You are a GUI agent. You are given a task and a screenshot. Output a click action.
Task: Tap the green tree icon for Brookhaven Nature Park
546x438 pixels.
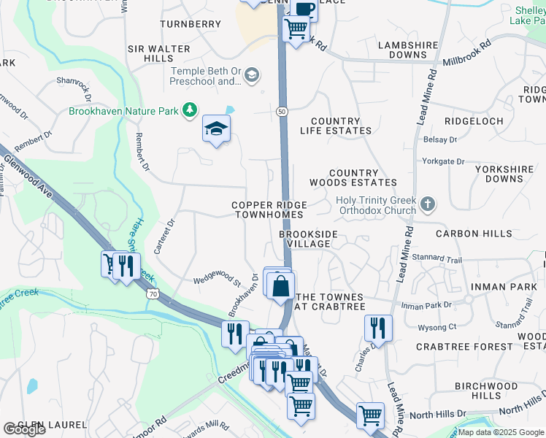(x=190, y=110)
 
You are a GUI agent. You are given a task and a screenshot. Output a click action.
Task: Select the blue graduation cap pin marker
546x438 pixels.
(x=216, y=130)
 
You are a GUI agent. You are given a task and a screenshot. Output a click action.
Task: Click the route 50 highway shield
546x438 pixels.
(x=281, y=110)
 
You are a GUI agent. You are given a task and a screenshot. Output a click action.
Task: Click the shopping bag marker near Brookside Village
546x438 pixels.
(x=280, y=285)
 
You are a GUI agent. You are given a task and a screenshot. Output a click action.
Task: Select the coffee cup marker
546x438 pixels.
(x=304, y=9)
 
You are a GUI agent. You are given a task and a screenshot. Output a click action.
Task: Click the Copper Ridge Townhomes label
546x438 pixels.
(x=269, y=210)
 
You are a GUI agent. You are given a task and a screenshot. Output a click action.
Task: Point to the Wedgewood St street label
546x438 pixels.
(x=217, y=280)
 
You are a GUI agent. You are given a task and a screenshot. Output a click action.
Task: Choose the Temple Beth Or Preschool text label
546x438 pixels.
(x=207, y=76)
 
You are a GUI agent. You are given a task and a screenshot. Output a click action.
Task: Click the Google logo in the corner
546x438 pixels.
(x=24, y=429)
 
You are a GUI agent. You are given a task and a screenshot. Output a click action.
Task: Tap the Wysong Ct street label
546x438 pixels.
(x=437, y=327)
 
